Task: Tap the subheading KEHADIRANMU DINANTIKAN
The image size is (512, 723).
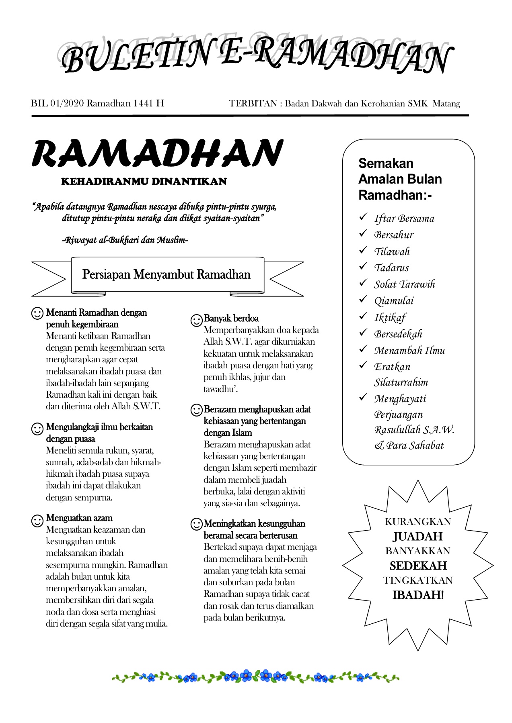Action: coord(144,182)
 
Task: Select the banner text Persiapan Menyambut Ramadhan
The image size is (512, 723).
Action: coord(166,275)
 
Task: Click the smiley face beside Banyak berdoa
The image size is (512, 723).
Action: coord(196,320)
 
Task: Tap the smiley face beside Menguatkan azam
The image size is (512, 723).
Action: coord(37,521)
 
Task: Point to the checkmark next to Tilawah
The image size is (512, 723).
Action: coord(363,250)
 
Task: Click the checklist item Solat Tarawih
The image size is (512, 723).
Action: coord(404,284)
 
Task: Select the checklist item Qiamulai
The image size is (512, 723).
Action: coord(394,301)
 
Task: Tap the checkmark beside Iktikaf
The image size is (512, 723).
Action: coord(363,316)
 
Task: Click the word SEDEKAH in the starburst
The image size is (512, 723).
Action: coord(418,566)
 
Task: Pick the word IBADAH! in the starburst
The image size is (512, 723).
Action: coord(418,595)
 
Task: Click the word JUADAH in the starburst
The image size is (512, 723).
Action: coord(418,537)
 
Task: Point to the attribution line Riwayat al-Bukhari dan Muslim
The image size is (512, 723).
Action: coord(125,241)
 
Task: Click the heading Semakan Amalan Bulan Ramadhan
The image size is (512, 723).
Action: coord(400,179)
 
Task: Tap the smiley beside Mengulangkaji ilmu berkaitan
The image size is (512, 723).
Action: coord(37,429)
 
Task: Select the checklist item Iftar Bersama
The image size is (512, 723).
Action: coord(404,219)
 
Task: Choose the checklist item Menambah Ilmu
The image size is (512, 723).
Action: coord(409,351)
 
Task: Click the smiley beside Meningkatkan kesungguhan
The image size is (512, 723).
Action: coord(196,524)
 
